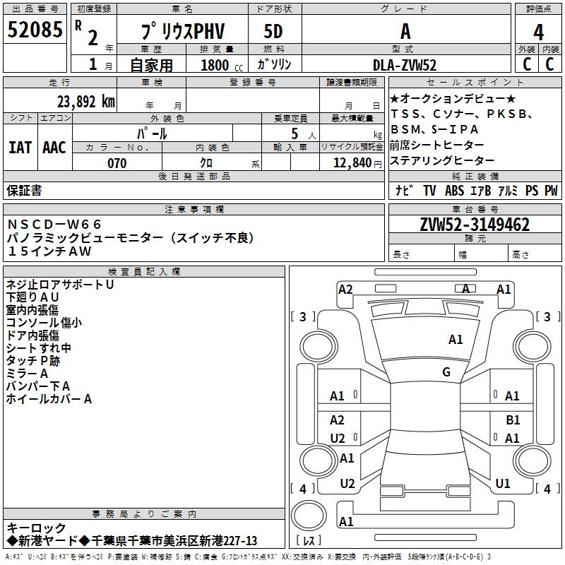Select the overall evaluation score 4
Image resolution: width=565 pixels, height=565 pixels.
click(x=538, y=32)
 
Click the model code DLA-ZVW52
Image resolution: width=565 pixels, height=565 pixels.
click(x=405, y=65)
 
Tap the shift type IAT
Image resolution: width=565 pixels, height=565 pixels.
click(x=20, y=148)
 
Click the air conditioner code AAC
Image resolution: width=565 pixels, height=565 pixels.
click(x=54, y=148)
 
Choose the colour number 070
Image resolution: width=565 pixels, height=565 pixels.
click(x=117, y=163)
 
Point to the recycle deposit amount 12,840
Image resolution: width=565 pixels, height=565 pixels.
click(x=351, y=163)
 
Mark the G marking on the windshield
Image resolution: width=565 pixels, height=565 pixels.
click(x=446, y=372)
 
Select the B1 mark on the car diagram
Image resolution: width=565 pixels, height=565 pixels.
click(x=513, y=420)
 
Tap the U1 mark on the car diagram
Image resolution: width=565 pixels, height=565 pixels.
click(x=503, y=484)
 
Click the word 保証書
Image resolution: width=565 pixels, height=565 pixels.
click(x=25, y=190)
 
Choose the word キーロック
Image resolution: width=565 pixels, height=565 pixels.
click(x=36, y=528)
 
